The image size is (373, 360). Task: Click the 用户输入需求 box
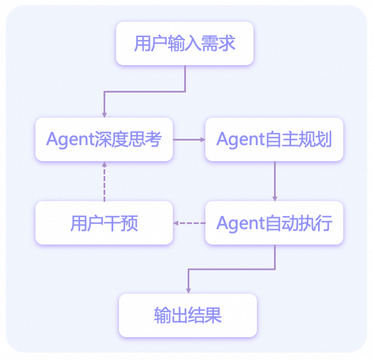185,43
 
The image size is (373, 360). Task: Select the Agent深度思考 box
104,139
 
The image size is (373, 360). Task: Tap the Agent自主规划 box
274,139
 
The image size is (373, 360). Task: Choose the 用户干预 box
104,223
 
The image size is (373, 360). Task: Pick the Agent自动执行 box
274,223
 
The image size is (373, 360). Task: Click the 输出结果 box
188,315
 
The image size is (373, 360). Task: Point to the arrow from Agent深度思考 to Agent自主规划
189,139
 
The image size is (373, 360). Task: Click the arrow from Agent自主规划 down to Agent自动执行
275,180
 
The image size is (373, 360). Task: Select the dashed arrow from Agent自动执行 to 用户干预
189,223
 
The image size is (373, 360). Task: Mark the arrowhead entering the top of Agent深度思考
104,114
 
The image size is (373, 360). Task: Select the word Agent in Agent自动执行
237,223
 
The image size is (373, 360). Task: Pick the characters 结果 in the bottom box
205,315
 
